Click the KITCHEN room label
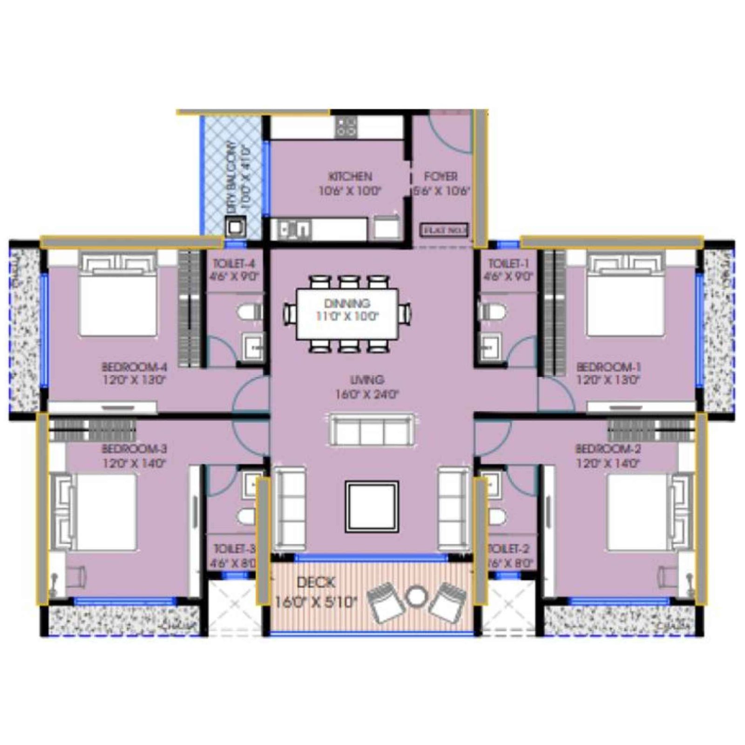coord(350,176)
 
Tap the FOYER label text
coord(440,176)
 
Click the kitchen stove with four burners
coord(346,127)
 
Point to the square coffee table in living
coord(372,507)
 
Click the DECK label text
coord(316,582)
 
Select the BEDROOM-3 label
coord(134,449)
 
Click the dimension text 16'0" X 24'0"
coord(367,394)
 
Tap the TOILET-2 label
coord(508,549)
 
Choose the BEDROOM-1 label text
coord(608,367)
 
